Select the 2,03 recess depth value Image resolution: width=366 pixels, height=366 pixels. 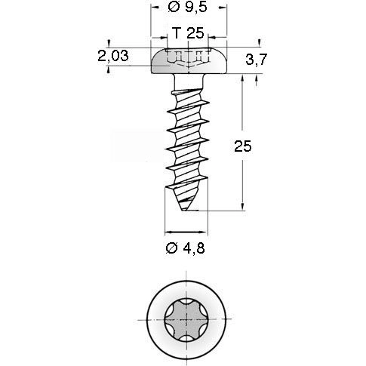pos(112,55)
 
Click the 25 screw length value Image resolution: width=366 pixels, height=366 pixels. pos(242,146)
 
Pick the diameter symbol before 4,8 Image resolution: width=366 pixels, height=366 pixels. pos(171,247)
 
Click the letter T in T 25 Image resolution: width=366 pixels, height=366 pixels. pos(176,33)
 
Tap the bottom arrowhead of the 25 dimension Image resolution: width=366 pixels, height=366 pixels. pos(242,210)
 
